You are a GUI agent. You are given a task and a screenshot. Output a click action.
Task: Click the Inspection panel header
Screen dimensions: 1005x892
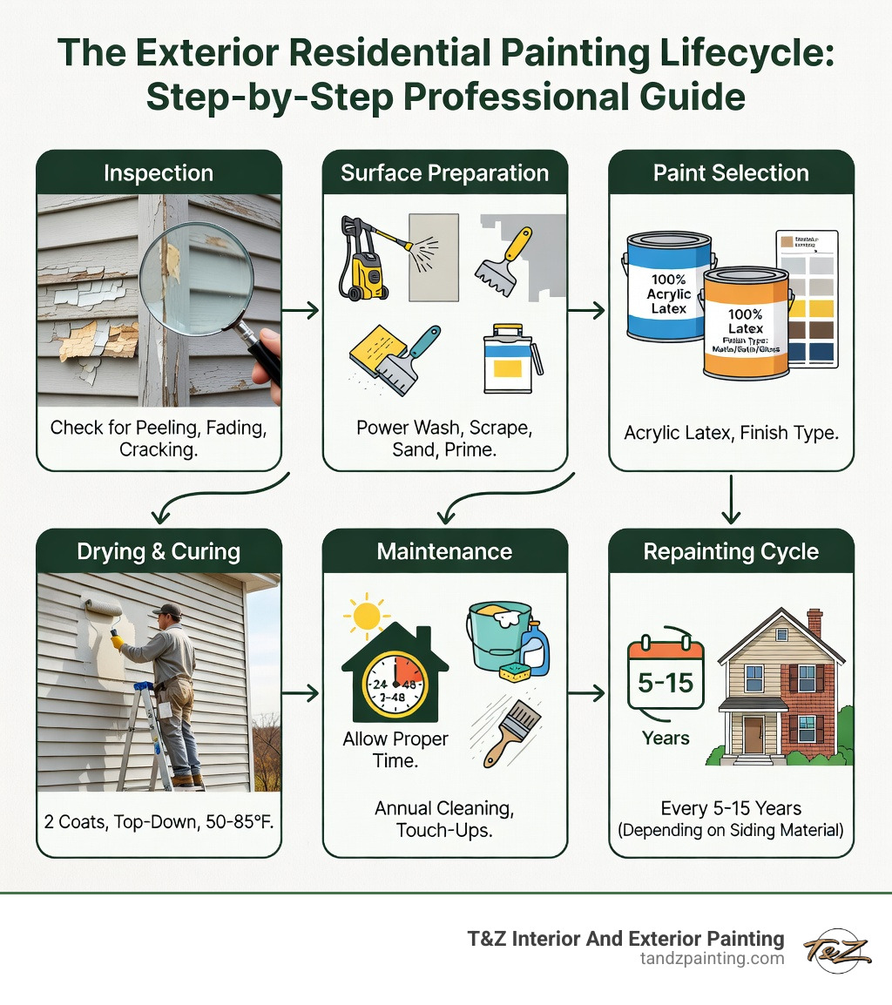(x=158, y=172)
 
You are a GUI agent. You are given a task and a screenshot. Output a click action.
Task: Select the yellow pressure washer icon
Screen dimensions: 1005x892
(x=362, y=261)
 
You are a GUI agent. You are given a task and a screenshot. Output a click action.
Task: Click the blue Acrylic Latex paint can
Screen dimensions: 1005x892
(x=666, y=287)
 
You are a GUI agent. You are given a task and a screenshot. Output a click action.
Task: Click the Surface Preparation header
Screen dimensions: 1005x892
(x=444, y=172)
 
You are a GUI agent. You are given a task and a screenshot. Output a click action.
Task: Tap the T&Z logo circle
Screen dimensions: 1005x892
(x=836, y=949)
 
